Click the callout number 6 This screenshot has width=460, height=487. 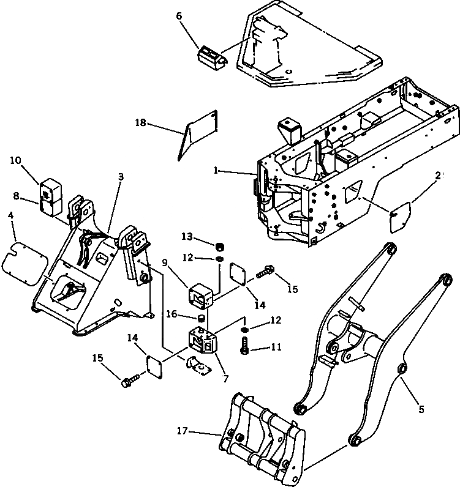(x=179, y=16)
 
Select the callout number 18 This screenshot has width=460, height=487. (x=141, y=123)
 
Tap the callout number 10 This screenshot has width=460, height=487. (x=16, y=160)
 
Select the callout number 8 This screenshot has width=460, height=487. (x=16, y=196)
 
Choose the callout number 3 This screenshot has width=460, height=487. (x=121, y=176)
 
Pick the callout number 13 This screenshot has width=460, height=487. (x=187, y=237)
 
